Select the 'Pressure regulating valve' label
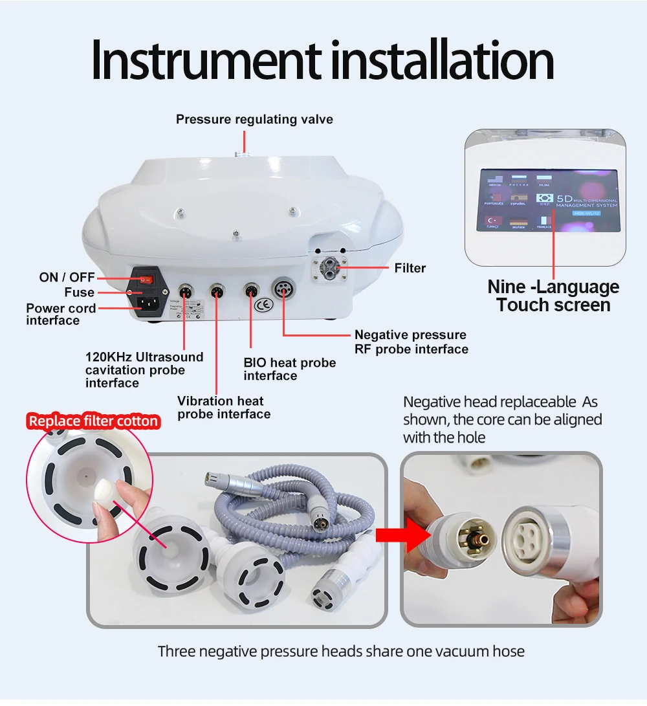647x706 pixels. pos(254,119)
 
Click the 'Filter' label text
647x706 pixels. pos(410,268)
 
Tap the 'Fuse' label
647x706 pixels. pos(79,292)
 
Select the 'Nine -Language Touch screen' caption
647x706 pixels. pos(553,296)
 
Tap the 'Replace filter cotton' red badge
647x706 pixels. pos(93,421)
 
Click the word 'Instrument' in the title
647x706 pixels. pos(206,60)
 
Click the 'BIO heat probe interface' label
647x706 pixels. pos(289,369)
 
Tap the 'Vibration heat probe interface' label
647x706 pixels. pos(223,407)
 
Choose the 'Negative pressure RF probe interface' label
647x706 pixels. pos(411,342)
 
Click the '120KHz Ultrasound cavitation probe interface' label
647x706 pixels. pos(144,370)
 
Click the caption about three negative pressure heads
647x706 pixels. pos(341,650)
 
